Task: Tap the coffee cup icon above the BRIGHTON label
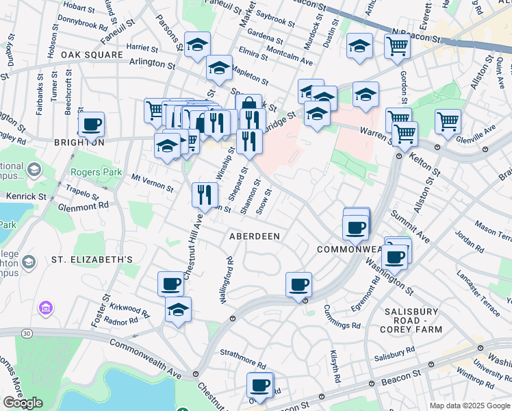click(x=91, y=125)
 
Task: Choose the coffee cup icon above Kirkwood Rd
click(x=170, y=283)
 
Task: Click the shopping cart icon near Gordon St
click(x=397, y=47)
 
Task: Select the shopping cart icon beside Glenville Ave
click(x=448, y=122)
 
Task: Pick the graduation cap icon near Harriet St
click(x=197, y=46)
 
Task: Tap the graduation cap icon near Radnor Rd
click(x=178, y=309)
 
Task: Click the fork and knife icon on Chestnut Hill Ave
click(x=205, y=195)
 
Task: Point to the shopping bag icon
click(x=248, y=106)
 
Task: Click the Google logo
click(x=23, y=403)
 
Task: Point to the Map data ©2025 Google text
click(x=470, y=406)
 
